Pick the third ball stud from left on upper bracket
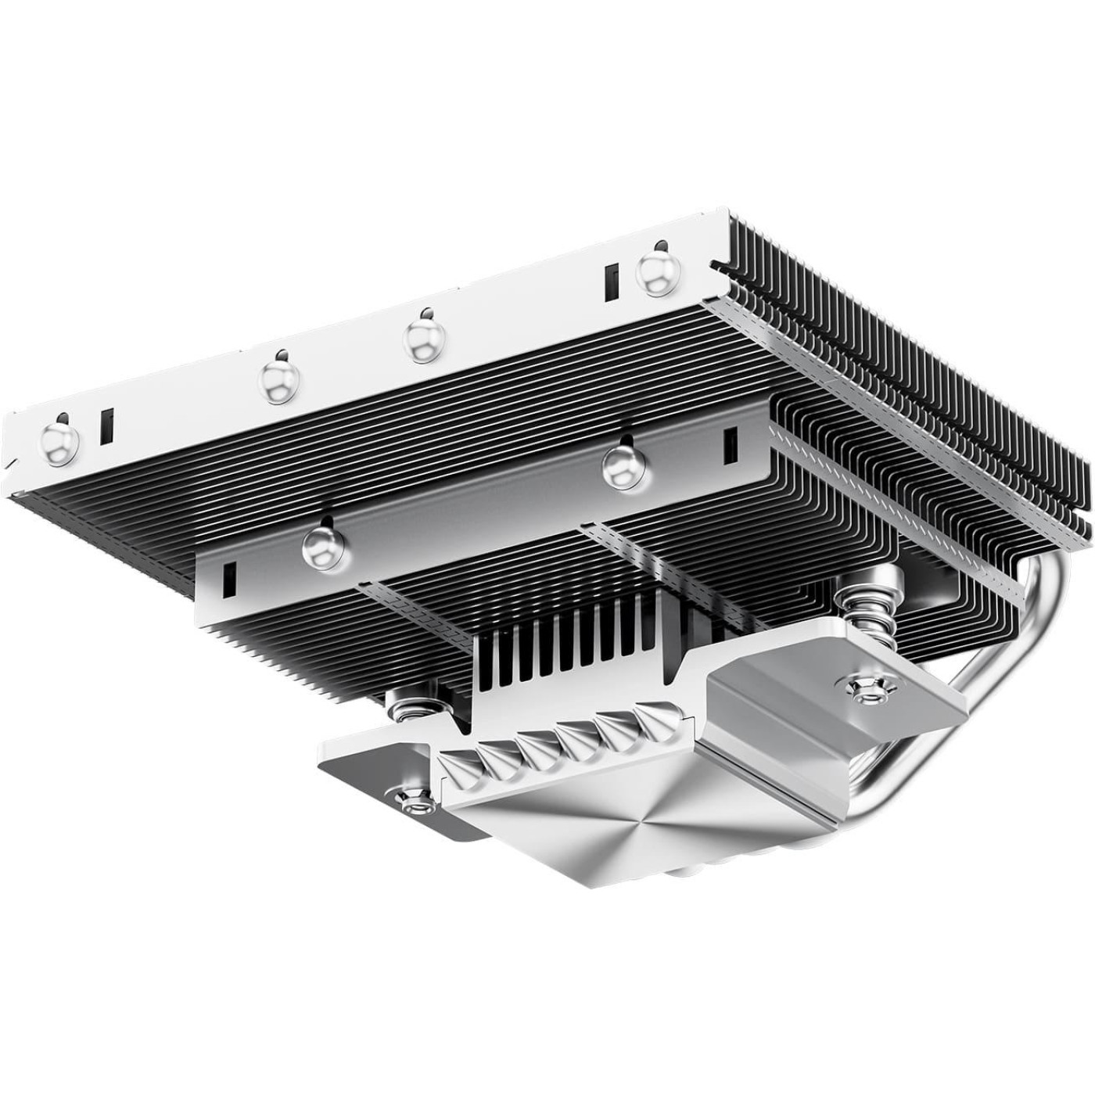(x=422, y=339)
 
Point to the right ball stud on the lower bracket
(x=621, y=467)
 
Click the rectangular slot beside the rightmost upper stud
(x=611, y=282)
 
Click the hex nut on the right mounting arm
(x=863, y=686)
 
